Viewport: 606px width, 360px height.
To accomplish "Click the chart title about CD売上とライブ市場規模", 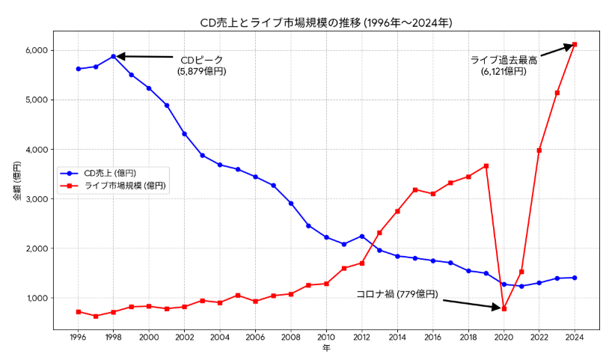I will point(325,23).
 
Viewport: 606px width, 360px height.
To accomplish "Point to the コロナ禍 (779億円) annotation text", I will point(397,294).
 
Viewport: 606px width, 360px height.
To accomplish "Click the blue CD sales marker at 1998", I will point(114,56).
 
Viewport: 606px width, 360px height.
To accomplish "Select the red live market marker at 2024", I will point(575,44).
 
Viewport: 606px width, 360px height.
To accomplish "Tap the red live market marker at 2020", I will point(504,308).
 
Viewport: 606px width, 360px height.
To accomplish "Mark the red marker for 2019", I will point(486,166).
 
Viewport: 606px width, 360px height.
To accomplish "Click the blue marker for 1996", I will point(78,69).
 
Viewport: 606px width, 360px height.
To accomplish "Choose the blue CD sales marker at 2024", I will point(575,278).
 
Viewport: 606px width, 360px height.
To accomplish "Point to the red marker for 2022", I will point(539,150).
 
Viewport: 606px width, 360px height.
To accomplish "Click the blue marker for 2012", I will point(362,237).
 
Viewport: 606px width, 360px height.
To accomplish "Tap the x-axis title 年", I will point(326,349).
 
